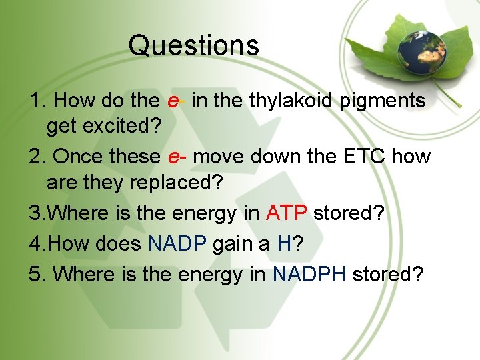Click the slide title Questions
193,45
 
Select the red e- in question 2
177,157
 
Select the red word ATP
287,213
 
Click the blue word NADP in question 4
177,243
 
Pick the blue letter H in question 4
284,243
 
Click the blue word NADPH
309,274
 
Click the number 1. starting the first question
38,101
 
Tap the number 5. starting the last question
38,274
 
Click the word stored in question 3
344,213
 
